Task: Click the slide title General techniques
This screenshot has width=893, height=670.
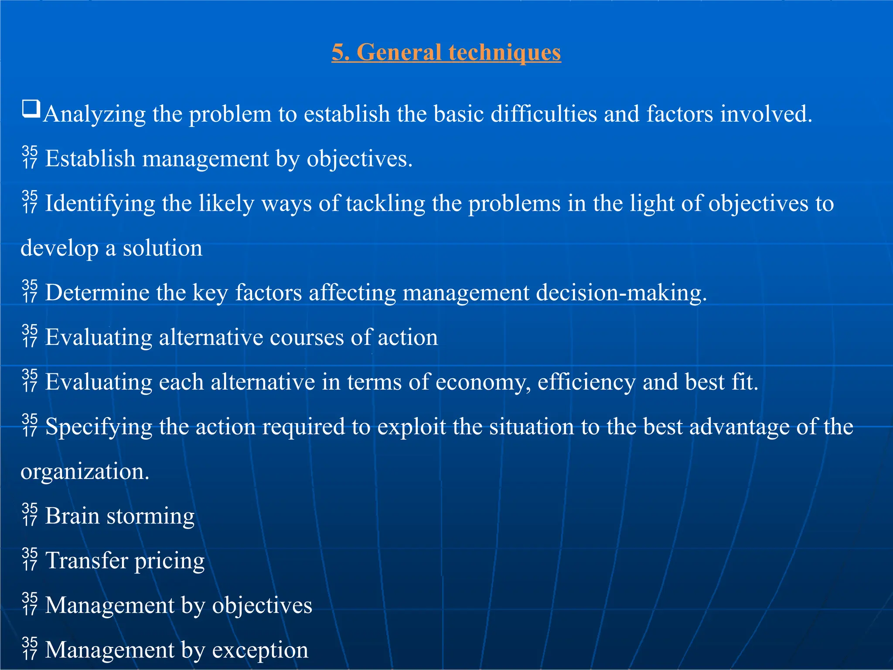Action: [x=446, y=52]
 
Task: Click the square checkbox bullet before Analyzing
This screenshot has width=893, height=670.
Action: [x=31, y=109]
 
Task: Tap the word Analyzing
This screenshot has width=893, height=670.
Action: [x=95, y=114]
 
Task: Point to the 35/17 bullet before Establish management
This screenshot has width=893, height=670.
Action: [x=30, y=157]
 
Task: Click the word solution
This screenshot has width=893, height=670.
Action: [x=162, y=248]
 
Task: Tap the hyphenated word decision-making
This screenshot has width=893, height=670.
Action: [x=621, y=293]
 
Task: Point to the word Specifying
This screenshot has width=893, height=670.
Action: [x=99, y=427]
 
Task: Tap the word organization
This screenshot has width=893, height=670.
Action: [x=85, y=472]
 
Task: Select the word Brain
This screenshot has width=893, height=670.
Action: [x=72, y=516]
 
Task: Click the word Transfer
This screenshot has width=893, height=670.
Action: [x=86, y=561]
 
